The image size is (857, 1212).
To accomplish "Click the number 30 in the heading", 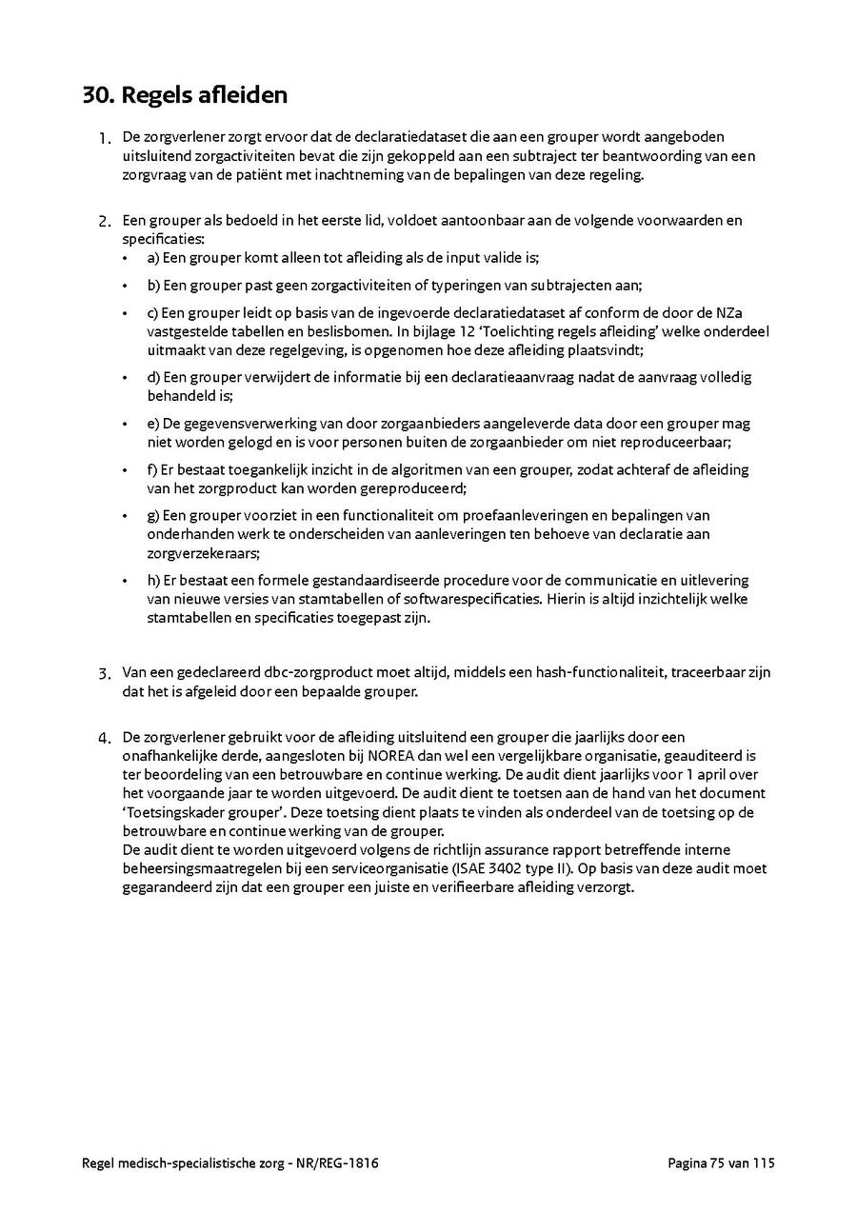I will (96, 95).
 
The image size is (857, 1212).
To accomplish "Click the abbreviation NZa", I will (757, 312).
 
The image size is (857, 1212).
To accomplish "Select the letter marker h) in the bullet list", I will (153, 580).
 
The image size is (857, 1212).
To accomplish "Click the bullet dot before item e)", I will (126, 424).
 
